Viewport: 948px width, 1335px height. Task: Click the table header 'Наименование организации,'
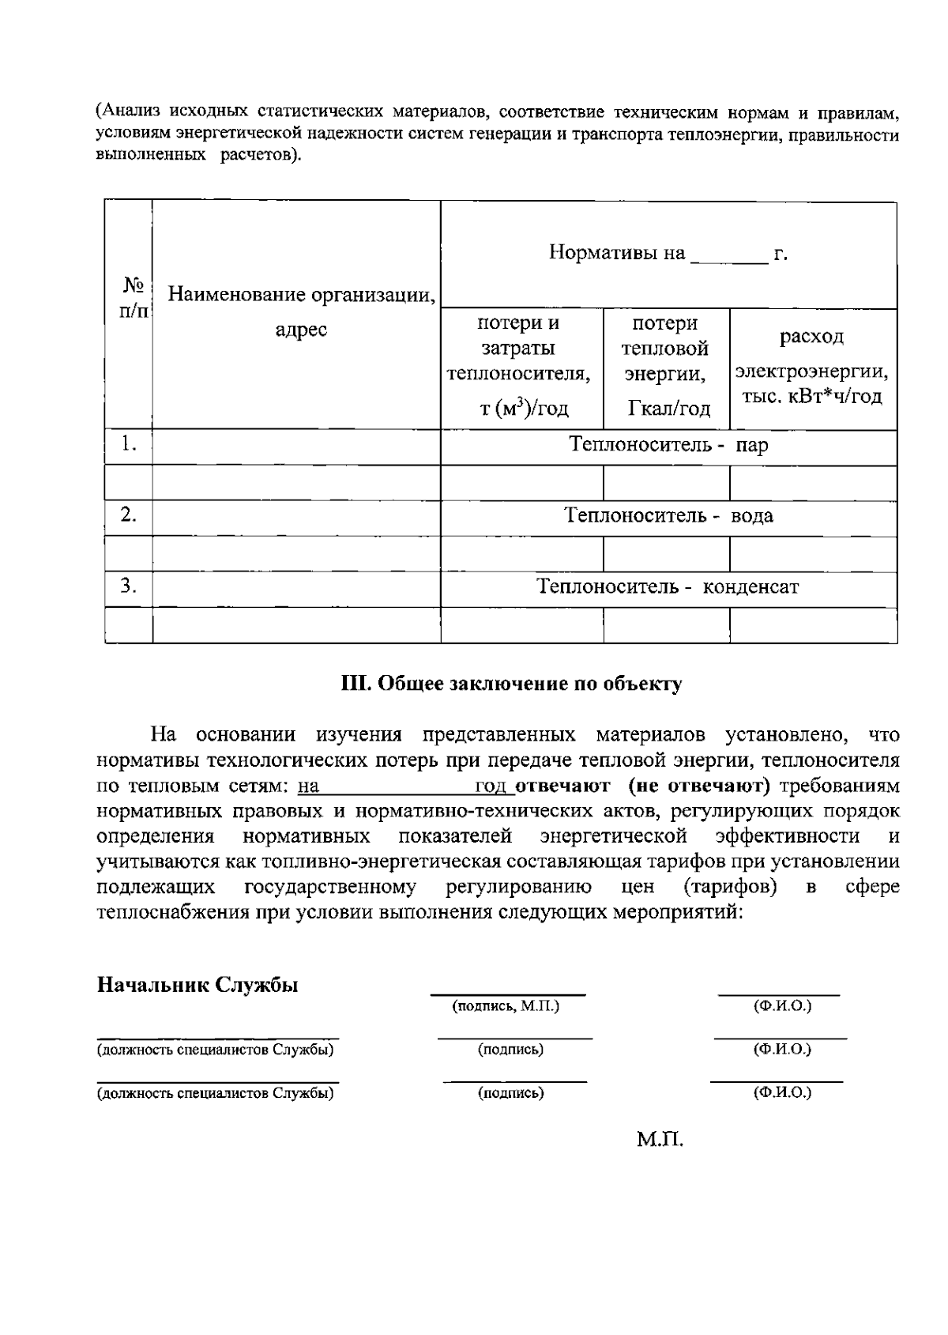click(302, 296)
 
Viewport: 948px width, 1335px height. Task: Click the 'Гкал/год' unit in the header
click(668, 409)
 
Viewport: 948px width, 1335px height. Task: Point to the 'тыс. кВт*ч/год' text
click(811, 397)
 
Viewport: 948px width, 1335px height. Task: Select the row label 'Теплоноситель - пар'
click(668, 446)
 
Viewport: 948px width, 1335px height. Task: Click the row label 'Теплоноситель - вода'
click(668, 516)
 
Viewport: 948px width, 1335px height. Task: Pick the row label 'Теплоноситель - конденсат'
click(668, 587)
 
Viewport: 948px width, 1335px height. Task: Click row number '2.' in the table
click(129, 515)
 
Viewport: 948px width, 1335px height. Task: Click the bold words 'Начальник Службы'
click(197, 986)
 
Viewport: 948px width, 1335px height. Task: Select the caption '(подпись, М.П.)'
click(506, 1006)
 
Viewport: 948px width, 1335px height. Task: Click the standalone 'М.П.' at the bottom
click(660, 1140)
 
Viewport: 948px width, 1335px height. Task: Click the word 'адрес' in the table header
click(301, 330)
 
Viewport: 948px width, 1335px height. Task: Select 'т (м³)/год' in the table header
click(524, 409)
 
